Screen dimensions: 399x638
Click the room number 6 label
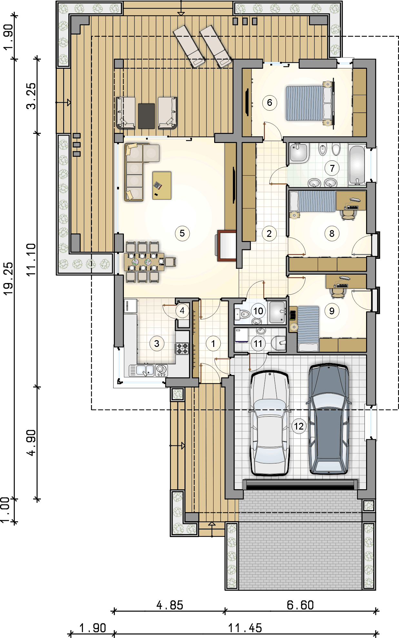click(x=270, y=103)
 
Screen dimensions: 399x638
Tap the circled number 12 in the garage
click(x=299, y=426)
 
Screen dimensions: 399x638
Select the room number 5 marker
click(x=182, y=233)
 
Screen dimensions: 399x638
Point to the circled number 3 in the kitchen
click(x=157, y=343)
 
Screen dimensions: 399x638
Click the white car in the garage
click(x=270, y=423)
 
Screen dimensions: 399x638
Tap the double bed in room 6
click(x=310, y=103)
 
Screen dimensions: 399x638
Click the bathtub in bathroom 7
click(x=357, y=165)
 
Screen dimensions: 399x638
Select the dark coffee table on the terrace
click(x=146, y=116)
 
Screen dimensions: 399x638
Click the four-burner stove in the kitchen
click(x=182, y=348)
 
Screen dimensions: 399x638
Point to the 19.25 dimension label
click(x=8, y=278)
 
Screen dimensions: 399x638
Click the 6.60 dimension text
click(x=300, y=605)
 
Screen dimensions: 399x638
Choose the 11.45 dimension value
click(x=245, y=628)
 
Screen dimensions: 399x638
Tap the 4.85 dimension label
click(x=170, y=605)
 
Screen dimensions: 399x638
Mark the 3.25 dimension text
click(x=31, y=96)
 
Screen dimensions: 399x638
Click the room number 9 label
click(x=332, y=311)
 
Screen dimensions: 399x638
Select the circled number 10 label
click(x=258, y=311)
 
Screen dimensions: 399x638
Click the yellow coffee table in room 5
click(x=162, y=186)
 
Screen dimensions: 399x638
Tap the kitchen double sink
click(x=142, y=370)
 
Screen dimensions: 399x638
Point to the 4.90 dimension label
click(x=31, y=443)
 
